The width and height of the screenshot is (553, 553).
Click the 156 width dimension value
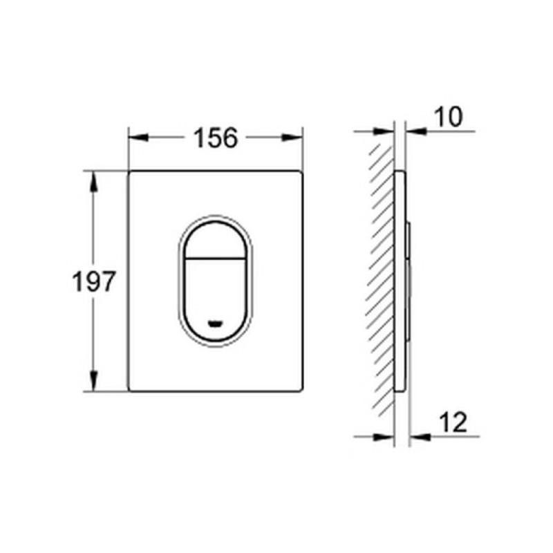[215, 138]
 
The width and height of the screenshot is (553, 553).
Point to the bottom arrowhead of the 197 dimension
[92, 382]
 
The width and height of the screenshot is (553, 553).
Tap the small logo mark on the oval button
[216, 322]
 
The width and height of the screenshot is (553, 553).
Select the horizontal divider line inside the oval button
[216, 258]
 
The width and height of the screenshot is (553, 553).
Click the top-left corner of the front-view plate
[130, 171]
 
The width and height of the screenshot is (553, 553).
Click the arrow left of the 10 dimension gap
[384, 130]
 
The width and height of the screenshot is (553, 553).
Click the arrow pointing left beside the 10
[413, 130]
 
